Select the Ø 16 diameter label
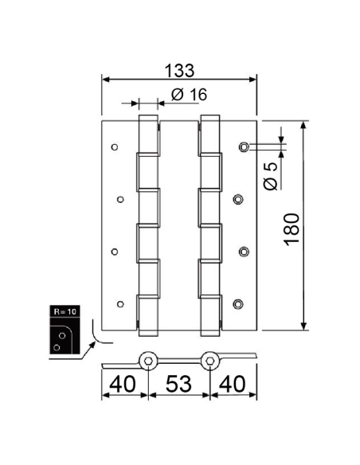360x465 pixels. click(189, 94)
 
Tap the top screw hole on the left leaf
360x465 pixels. click(115, 147)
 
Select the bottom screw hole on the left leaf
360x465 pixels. click(120, 303)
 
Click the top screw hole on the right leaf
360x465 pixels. click(244, 147)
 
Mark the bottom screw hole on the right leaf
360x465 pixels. click(238, 303)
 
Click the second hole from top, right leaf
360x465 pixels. click(238, 198)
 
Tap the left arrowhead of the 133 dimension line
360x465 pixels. click(104, 78)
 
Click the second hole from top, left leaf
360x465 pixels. click(120, 198)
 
